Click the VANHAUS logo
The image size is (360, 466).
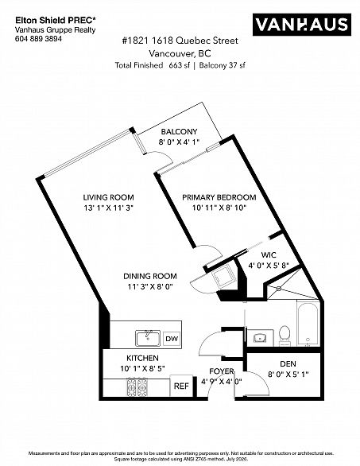pyautogui.click(x=302, y=25)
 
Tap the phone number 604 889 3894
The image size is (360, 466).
pyautogui.click(x=38, y=39)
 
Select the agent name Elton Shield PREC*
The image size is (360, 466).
pyautogui.click(x=56, y=21)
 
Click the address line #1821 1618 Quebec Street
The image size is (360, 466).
pyautogui.click(x=180, y=41)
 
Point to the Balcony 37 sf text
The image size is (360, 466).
pyautogui.click(x=222, y=65)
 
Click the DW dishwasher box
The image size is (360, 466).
pyautogui.click(x=172, y=339)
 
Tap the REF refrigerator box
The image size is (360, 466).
pyautogui.click(x=181, y=386)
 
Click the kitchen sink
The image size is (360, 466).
pyautogui.click(x=148, y=338)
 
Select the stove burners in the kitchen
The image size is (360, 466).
pyautogui.click(x=137, y=387)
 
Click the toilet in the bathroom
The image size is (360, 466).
pyautogui.click(x=285, y=336)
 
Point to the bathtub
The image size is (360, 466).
pyautogui.click(x=308, y=324)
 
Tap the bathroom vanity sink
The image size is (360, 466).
pyautogui.click(x=260, y=338)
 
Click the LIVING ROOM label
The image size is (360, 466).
pyautogui.click(x=108, y=197)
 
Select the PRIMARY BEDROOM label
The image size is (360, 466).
pyautogui.click(x=219, y=197)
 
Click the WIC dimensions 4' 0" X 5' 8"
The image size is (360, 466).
pyautogui.click(x=269, y=265)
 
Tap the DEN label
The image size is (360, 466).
pyautogui.click(x=288, y=363)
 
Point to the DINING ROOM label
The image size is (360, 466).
pyautogui.click(x=150, y=276)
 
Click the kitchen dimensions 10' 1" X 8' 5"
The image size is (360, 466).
pyautogui.click(x=142, y=368)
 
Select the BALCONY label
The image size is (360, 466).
pyautogui.click(x=179, y=132)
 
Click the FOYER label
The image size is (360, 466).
pyautogui.click(x=222, y=371)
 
